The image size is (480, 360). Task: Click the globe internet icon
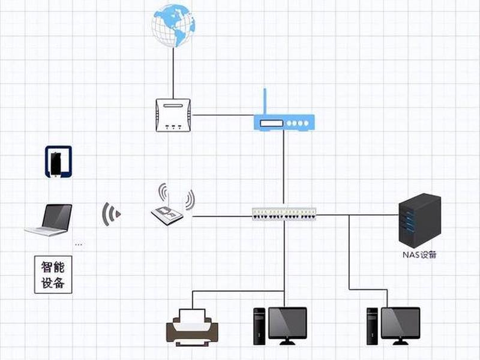click(173, 26)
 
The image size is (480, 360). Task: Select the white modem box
click(173, 115)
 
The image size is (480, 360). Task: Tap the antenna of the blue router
click(265, 101)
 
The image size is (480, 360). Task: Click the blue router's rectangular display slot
click(272, 123)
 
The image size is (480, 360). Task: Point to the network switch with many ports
click(284, 214)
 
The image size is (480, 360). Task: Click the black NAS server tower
click(419, 220)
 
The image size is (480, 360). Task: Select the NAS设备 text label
click(419, 254)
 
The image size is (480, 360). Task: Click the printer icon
click(192, 328)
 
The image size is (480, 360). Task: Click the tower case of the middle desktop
click(259, 326)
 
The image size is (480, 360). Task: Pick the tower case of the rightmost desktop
click(372, 326)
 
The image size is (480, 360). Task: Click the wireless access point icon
click(173, 205)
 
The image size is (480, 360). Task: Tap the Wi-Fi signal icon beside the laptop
click(111, 214)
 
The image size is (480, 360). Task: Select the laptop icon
click(49, 220)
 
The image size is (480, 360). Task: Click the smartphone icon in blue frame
click(58, 161)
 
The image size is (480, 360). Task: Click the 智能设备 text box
click(53, 275)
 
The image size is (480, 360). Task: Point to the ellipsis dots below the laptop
click(79, 245)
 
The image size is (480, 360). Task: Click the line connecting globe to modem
click(173, 73)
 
